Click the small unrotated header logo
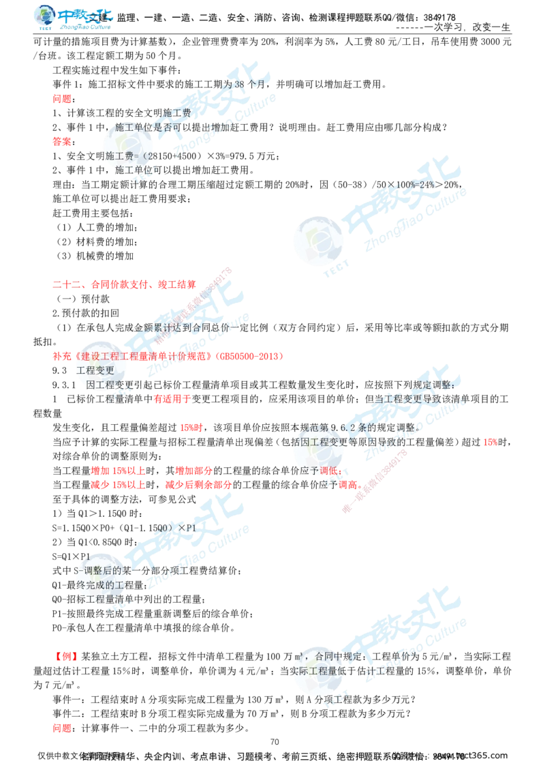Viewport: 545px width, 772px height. pyautogui.click(x=73, y=18)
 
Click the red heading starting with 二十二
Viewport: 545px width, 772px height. pyautogui.click(x=123, y=283)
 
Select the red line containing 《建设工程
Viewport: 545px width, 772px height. pyautogui.click(x=166, y=356)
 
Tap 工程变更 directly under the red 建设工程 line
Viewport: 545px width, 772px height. pyautogui.click(x=95, y=370)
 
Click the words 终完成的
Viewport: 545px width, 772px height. pyautogui.click(x=102, y=584)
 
